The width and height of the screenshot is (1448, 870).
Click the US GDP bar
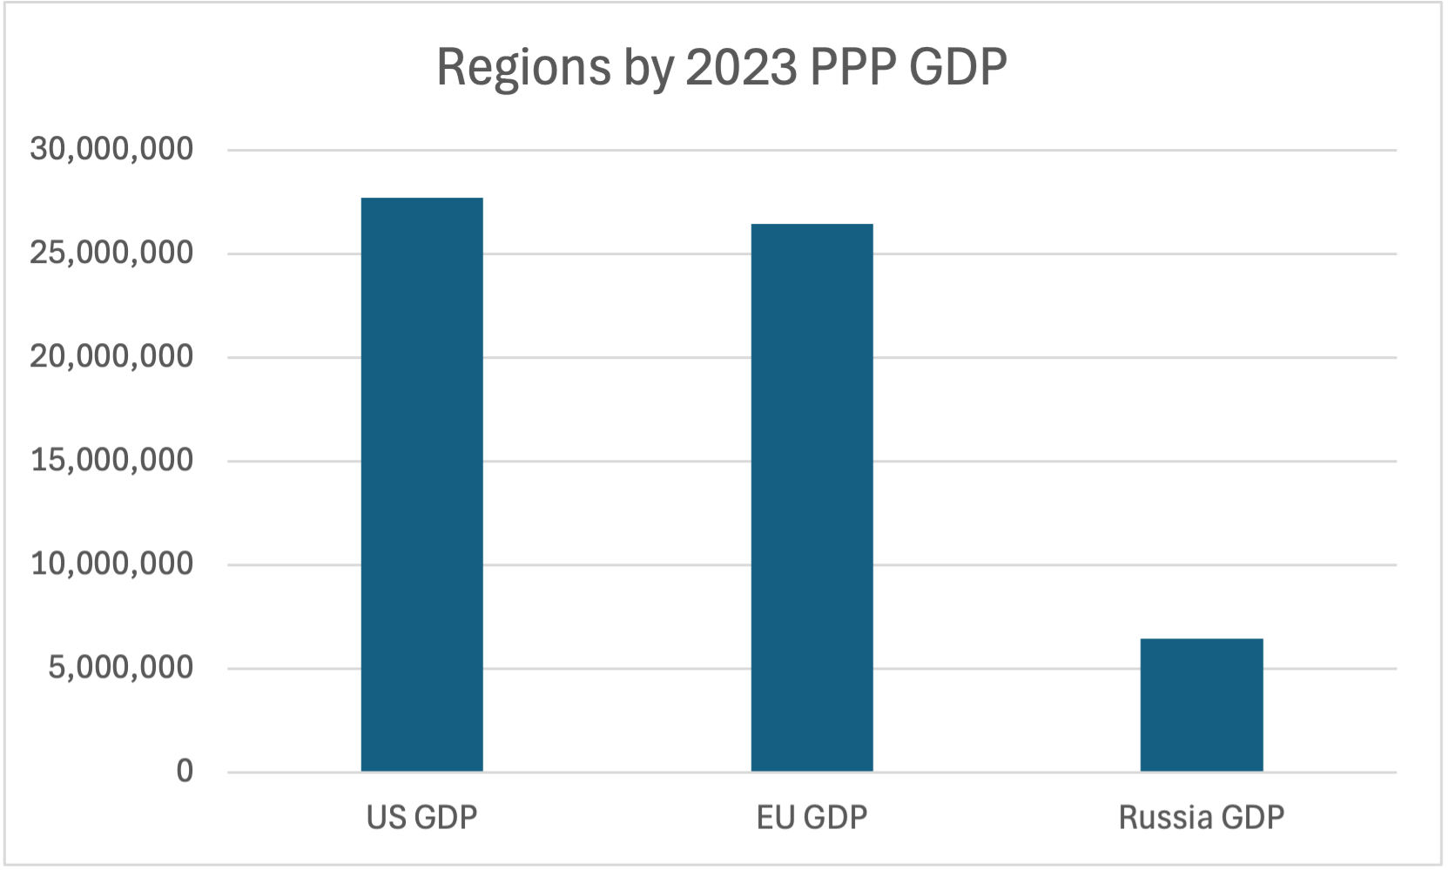[422, 484]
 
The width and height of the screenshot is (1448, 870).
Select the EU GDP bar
[812, 497]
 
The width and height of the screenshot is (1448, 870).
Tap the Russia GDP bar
[1202, 705]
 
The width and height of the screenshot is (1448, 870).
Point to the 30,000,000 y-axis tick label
[111, 149]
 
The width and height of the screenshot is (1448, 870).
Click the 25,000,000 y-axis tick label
[111, 253]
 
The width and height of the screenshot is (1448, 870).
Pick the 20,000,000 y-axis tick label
[111, 356]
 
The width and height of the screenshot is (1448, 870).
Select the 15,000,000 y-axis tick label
[111, 460]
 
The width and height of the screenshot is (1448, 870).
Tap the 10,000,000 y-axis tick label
[111, 563]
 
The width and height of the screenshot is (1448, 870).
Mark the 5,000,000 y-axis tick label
[120, 667]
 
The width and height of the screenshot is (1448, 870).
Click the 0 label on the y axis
[185, 771]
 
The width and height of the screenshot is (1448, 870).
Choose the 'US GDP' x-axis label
[422, 818]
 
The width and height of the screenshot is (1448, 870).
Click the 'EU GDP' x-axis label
[812, 818]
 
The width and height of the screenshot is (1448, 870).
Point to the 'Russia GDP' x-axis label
[1202, 818]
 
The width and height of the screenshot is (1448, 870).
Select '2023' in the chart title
[741, 66]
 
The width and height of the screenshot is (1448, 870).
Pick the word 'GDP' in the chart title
[958, 66]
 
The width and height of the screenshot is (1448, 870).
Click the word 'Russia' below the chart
[1166, 818]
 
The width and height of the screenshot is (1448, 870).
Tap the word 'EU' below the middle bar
[776, 818]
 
